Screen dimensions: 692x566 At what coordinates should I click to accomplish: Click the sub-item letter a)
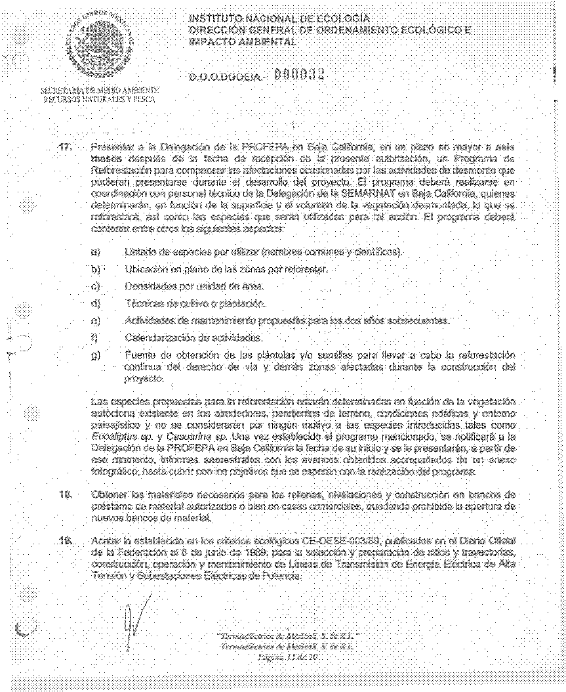(x=96, y=252)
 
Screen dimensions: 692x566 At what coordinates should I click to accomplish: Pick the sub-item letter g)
(x=96, y=355)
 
